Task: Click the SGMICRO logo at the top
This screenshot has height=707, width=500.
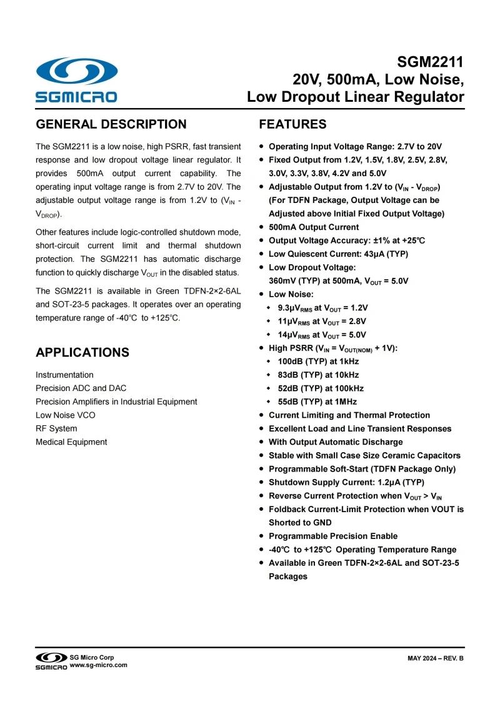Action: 76,79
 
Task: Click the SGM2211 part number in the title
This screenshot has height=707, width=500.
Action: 431,62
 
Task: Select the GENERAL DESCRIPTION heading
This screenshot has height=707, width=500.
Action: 111,124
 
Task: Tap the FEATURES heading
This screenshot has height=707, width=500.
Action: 292,124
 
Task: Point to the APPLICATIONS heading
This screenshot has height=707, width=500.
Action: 82,352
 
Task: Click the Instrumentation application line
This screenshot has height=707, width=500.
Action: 64,375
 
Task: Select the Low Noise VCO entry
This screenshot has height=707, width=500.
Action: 66,415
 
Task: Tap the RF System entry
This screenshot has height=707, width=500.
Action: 56,428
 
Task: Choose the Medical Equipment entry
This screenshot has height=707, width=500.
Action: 71,442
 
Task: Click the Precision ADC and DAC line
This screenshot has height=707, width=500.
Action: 81,388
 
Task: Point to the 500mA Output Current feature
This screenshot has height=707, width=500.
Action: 314,227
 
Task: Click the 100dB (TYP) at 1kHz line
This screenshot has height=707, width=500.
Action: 318,361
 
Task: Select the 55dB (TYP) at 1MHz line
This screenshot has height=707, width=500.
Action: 317,402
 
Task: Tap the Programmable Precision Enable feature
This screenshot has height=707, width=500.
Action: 333,536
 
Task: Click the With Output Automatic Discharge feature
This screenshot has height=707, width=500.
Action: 336,442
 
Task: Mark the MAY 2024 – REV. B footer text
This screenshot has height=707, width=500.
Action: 436,660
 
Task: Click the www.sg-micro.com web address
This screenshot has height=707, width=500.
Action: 98,665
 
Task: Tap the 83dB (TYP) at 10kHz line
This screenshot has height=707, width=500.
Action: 318,375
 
